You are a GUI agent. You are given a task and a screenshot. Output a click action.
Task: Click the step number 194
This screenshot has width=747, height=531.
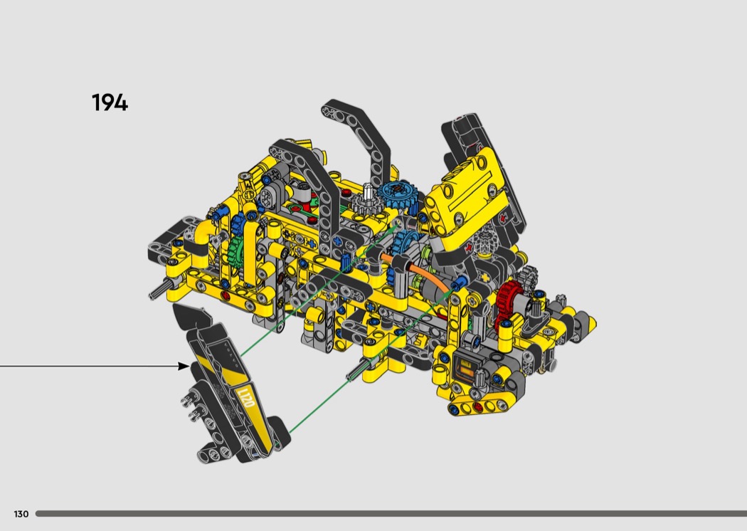coord(110,102)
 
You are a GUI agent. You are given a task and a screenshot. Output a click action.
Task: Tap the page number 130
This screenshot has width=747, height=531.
coord(21,514)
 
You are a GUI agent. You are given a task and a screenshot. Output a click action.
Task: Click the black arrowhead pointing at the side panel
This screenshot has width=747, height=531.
coord(184,366)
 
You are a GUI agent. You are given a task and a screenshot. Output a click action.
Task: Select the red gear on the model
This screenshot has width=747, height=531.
coord(509,300)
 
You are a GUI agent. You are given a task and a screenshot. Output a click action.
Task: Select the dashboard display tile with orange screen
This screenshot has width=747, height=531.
coord(465,368)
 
